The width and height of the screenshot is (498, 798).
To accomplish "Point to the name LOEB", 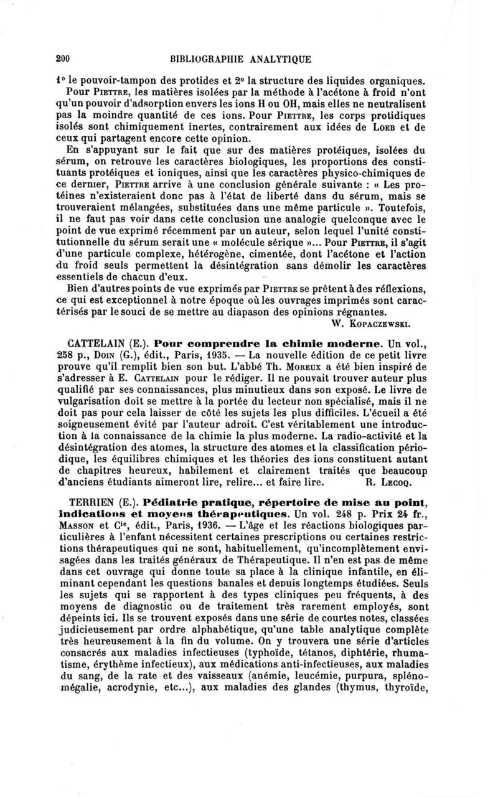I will tap(377, 128).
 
